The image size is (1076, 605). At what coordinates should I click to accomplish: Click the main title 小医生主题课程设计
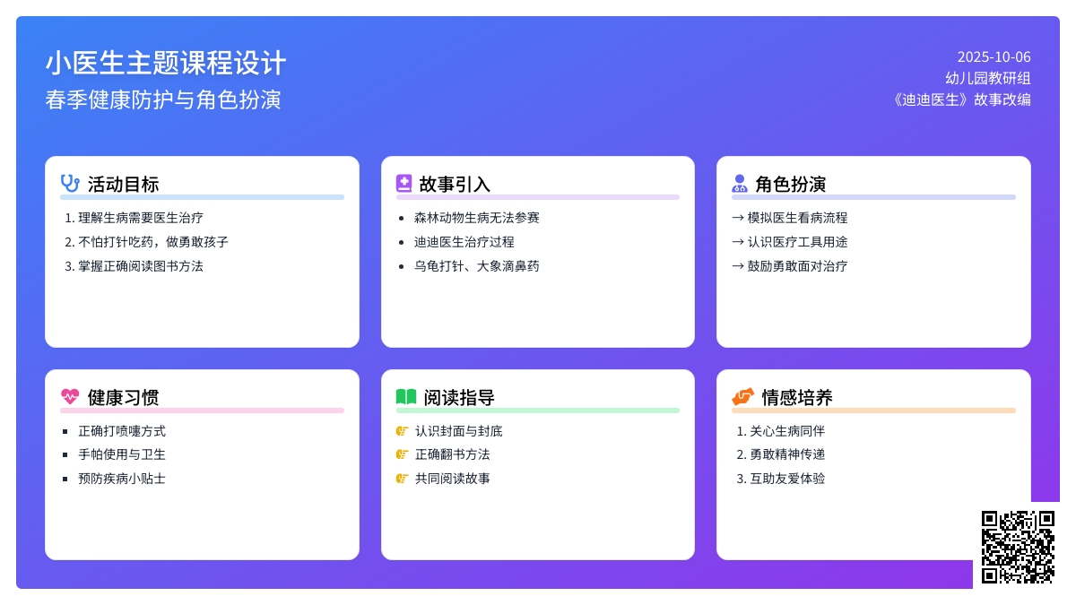(166, 63)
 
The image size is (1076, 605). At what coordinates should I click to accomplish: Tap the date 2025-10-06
(994, 57)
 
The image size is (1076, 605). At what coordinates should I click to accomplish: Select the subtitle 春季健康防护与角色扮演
(163, 99)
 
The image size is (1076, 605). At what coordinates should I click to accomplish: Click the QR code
(1018, 547)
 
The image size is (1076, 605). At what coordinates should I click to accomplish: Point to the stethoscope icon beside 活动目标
(70, 184)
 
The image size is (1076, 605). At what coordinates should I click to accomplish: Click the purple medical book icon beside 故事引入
(404, 184)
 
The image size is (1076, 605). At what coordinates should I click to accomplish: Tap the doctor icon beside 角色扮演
(740, 184)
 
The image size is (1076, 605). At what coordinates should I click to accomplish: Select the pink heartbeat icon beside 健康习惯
(70, 396)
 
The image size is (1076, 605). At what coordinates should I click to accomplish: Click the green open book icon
(406, 396)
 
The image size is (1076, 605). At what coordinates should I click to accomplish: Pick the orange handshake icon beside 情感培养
(742, 396)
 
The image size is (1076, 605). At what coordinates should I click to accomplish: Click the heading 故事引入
(455, 185)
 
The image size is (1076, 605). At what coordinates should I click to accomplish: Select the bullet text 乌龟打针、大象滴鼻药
(476, 266)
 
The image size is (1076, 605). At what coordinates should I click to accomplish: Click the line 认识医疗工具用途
(797, 242)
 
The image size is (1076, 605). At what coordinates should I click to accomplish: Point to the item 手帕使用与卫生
(122, 454)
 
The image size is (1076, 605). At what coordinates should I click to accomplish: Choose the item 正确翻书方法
(453, 454)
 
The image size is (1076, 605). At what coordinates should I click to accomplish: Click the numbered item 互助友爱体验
(787, 479)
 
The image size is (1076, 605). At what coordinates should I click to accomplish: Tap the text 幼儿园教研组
(988, 78)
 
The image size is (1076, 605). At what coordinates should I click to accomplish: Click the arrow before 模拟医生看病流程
(738, 218)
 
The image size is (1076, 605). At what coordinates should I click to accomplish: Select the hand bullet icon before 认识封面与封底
(402, 431)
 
